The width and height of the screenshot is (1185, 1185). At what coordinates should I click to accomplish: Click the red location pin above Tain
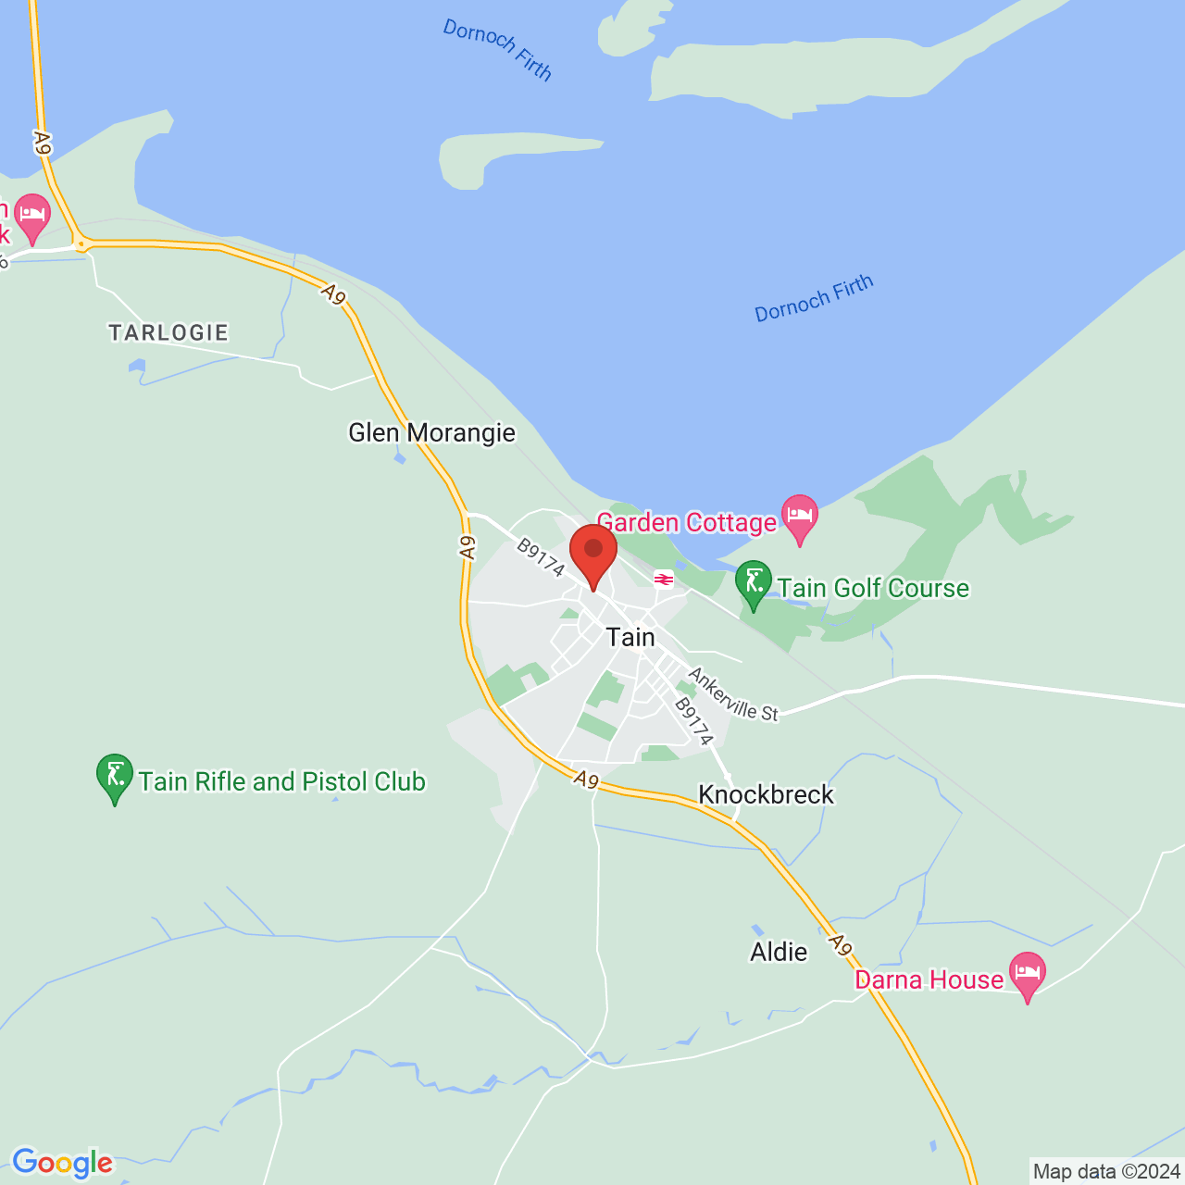coord(593,552)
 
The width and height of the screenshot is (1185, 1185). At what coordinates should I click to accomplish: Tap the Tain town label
coord(630,637)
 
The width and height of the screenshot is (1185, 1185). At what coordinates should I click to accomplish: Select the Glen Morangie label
coord(431,432)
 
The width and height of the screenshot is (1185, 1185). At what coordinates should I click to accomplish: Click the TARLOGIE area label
coord(168,332)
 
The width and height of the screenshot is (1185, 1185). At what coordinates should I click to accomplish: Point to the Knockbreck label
coord(766,794)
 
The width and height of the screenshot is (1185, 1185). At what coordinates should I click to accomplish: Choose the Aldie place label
coord(779,952)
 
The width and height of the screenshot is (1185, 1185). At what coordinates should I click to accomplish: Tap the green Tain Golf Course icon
coord(754,583)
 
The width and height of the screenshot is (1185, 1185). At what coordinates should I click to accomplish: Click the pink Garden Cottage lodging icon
coord(800,518)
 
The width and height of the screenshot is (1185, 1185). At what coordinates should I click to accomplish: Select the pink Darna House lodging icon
coord(1027,975)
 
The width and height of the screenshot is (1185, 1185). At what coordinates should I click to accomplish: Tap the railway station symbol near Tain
coord(663,579)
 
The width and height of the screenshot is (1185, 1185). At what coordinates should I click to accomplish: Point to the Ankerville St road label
coord(732,694)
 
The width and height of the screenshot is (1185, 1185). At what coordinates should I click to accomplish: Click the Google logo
coord(62,1163)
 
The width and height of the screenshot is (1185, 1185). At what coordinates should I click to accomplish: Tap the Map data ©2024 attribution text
coord(1106,1172)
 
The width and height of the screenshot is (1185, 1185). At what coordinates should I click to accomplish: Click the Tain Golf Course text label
coord(873,588)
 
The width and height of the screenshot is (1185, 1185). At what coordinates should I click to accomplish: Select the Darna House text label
coord(929,979)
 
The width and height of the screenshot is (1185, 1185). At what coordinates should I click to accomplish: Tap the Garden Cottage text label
coord(686,522)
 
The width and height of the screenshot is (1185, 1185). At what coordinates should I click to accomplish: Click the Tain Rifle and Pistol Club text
coord(282,781)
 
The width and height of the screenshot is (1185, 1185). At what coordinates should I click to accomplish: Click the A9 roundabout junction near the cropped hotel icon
coord(81,244)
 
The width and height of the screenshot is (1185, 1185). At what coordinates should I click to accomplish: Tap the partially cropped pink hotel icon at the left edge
coord(32,217)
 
